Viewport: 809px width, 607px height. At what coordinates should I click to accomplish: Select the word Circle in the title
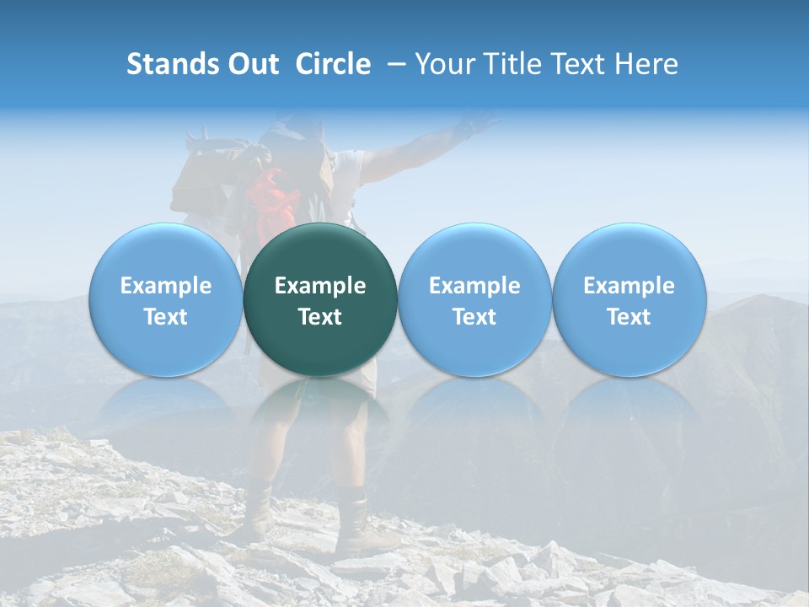[333, 64]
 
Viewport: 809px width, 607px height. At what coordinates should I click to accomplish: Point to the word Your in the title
[442, 64]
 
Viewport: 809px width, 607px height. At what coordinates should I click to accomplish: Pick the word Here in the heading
[648, 64]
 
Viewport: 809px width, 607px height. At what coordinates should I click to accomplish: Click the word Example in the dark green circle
[320, 286]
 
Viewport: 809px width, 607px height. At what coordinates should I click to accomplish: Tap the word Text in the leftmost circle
[165, 317]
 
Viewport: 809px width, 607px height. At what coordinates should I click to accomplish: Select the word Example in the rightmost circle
[629, 286]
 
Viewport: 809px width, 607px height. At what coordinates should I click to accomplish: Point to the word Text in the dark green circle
[320, 317]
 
